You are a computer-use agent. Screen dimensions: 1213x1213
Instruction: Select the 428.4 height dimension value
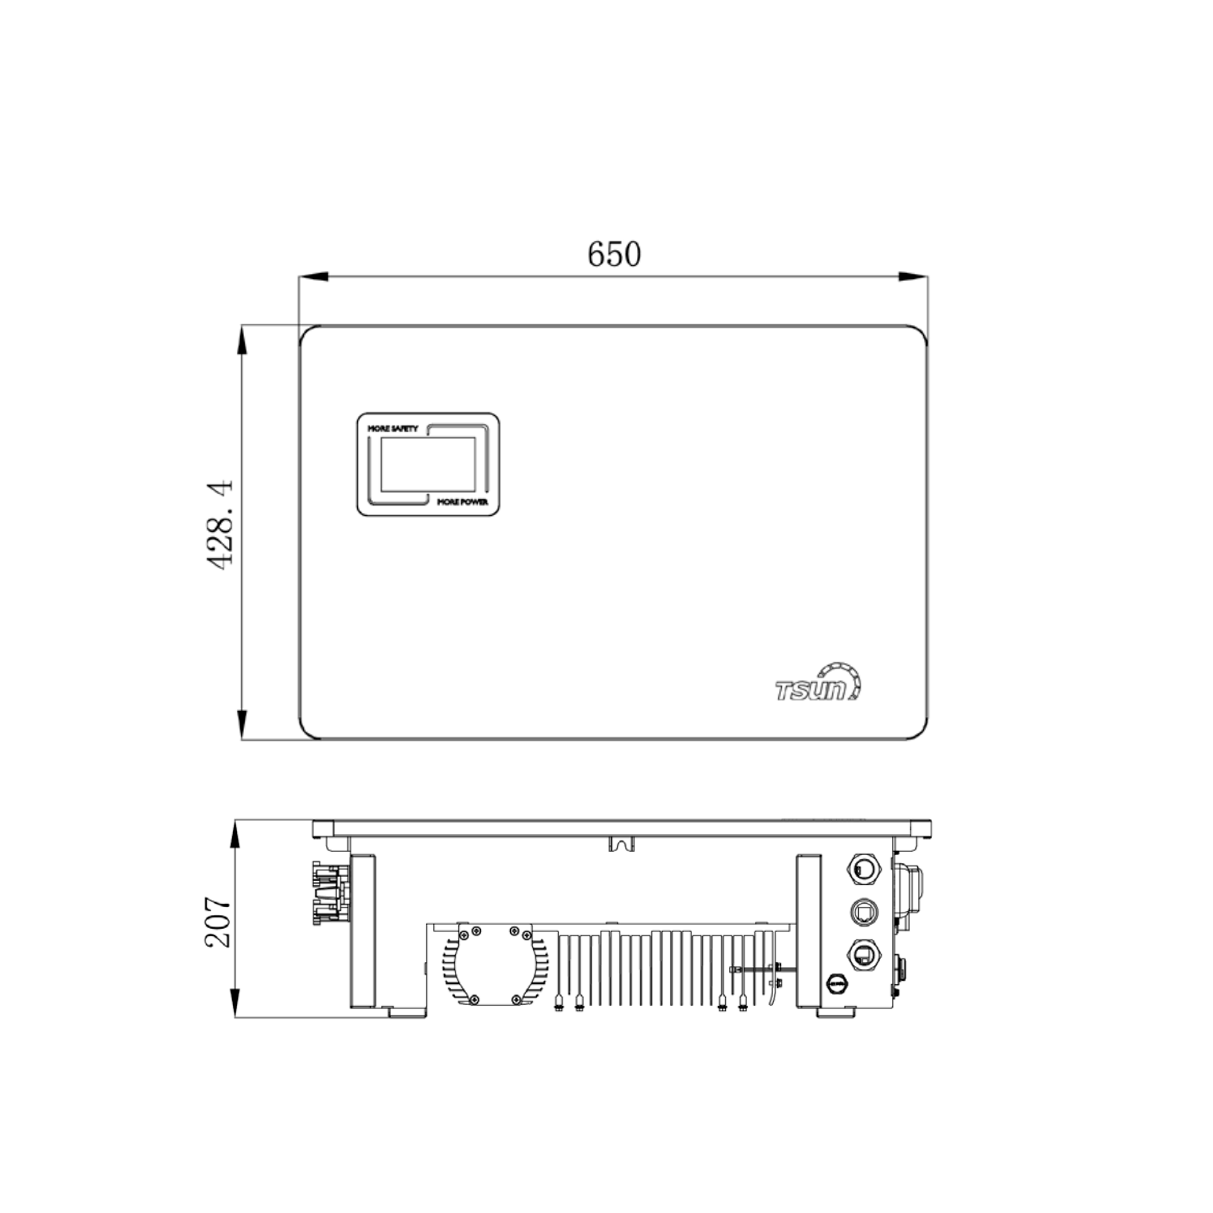point(220,525)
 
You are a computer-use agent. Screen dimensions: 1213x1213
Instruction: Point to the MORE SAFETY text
point(392,428)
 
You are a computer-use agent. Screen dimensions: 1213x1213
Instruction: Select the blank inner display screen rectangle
point(428,465)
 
